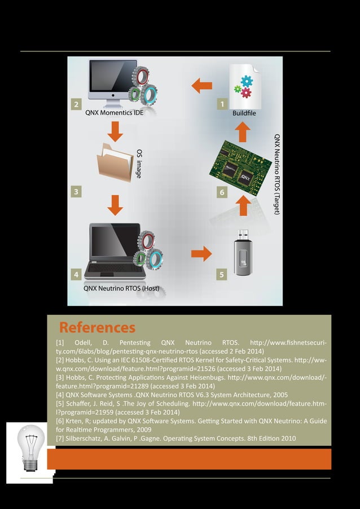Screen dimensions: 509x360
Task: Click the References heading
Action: pos(97,327)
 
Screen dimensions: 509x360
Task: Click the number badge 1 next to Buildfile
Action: pos(222,104)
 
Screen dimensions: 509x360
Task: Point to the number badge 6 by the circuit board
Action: pos(222,192)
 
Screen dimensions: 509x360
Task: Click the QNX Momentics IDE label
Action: pos(114,113)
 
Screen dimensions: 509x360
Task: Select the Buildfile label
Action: pos(244,113)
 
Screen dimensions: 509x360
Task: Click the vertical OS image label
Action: pos(139,164)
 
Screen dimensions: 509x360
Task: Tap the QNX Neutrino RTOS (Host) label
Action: pos(121,288)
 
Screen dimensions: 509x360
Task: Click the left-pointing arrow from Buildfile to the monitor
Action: pos(201,86)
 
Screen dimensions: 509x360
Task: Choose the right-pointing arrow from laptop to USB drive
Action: pos(201,253)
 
